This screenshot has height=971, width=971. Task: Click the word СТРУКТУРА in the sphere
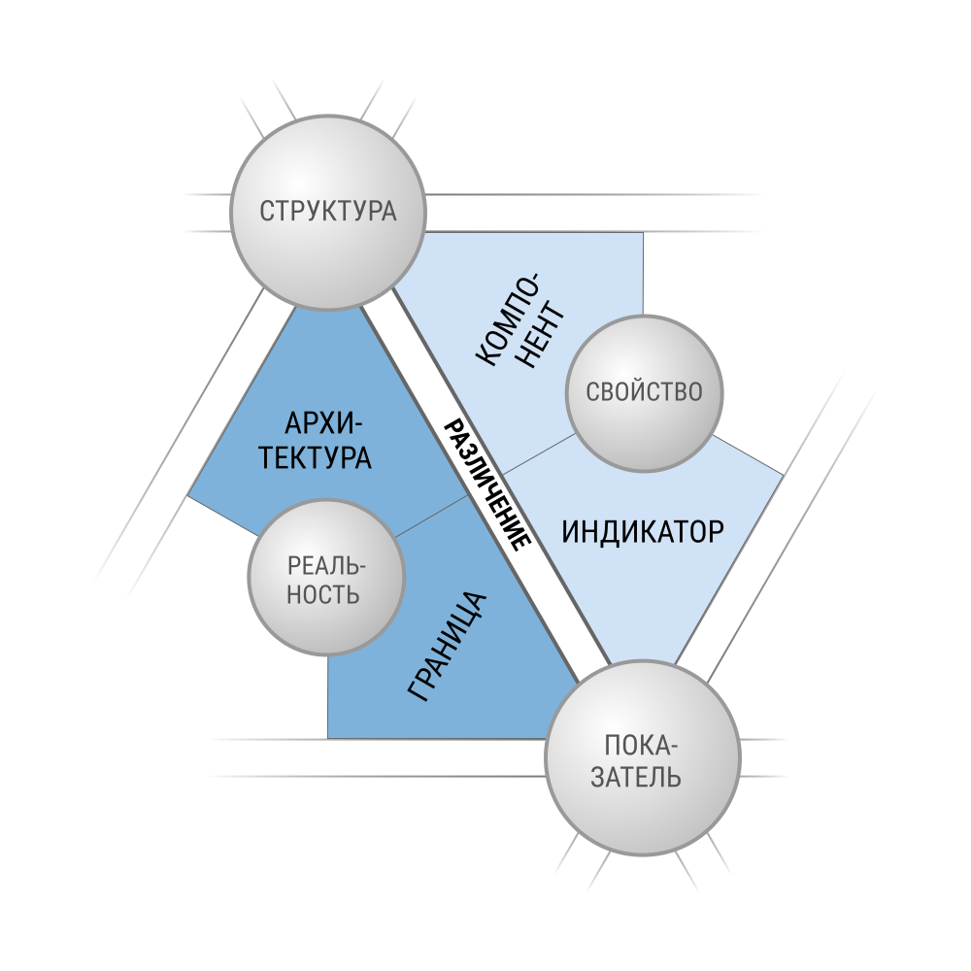[x=327, y=211]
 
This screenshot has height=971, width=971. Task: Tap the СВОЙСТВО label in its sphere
[x=644, y=392]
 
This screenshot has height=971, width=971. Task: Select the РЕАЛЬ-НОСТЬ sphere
[x=326, y=577]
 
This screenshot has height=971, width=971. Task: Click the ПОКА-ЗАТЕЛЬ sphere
[x=643, y=758]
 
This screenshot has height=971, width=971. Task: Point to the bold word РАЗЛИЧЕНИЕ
[x=488, y=485]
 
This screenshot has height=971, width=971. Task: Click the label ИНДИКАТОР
[x=643, y=532]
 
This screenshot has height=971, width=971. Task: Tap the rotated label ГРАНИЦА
[x=447, y=647]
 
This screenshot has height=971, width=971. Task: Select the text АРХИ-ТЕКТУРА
[x=316, y=441]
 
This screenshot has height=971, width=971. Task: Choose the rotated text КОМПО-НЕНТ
[x=520, y=320]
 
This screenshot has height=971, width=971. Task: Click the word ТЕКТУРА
[x=316, y=457]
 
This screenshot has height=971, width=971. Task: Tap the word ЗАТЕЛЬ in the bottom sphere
[x=636, y=777]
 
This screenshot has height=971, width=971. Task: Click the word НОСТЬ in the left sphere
[x=322, y=594]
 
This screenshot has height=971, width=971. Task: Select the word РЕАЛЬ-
[x=327, y=565]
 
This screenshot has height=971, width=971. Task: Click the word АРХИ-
[x=324, y=424]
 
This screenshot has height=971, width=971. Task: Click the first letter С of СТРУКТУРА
[x=266, y=211]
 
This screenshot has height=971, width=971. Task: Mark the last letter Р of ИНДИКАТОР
[x=717, y=532]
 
